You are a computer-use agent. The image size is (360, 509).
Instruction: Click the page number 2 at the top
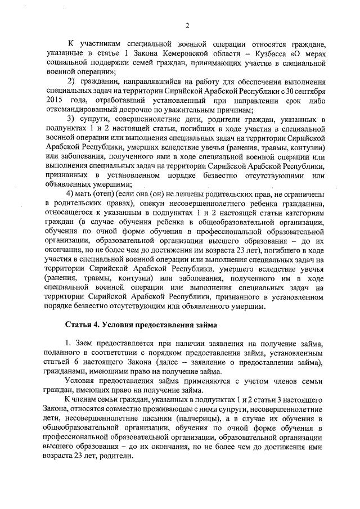[x=188, y=25]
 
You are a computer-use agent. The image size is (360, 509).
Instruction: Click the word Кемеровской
[x=198, y=53]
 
